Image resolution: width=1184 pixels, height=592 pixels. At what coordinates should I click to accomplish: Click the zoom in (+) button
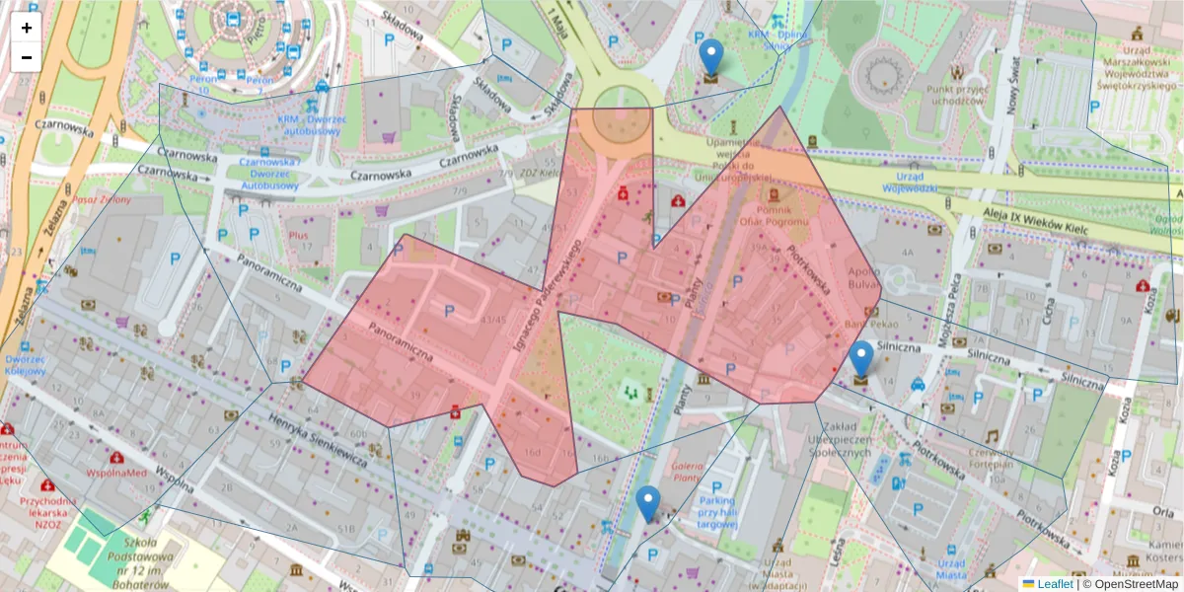pyautogui.click(x=27, y=28)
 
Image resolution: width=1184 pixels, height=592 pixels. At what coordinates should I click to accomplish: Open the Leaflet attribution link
pyautogui.click(x=1054, y=583)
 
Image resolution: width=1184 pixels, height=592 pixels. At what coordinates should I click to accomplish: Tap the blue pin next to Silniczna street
pyautogui.click(x=861, y=360)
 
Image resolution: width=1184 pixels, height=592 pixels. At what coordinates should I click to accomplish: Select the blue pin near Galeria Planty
pyautogui.click(x=648, y=504)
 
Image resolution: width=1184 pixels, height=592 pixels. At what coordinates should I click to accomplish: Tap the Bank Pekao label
pyautogui.click(x=868, y=325)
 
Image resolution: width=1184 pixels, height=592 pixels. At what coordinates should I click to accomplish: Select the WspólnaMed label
pyautogui.click(x=116, y=474)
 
